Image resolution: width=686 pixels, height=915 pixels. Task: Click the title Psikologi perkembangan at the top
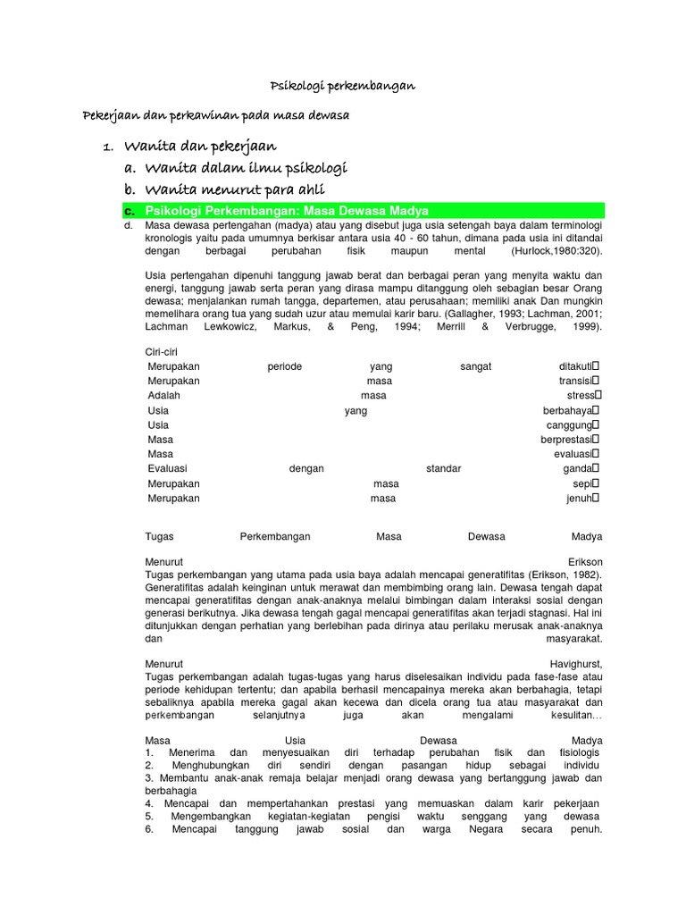click(343, 86)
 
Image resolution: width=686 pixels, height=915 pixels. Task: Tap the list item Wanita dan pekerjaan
click(200, 146)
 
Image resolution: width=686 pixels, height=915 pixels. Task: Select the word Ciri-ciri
click(162, 352)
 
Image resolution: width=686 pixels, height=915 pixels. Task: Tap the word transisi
click(575, 382)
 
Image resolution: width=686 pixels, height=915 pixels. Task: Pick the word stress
click(580, 396)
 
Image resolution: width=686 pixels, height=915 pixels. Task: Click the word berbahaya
click(567, 411)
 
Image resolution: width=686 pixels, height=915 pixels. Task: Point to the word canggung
click(569, 425)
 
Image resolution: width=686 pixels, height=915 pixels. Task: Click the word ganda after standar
click(577, 469)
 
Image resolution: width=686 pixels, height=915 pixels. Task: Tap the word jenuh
click(579, 499)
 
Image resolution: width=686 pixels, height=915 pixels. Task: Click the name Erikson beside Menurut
click(581, 561)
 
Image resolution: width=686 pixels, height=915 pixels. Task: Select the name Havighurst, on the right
click(575, 664)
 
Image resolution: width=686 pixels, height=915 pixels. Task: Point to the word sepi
click(581, 483)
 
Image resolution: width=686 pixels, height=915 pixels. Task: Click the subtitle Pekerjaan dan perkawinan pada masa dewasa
click(215, 117)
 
